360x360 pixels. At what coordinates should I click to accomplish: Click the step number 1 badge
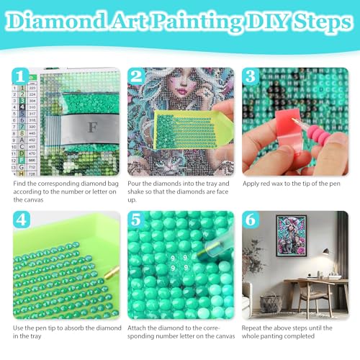pos(20,76)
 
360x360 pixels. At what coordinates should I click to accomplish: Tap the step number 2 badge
pos(136,76)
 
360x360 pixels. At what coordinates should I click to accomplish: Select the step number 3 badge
pos(251,76)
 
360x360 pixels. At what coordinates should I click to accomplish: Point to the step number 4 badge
pos(22,220)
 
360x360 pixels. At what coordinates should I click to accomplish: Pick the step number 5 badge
pos(136,220)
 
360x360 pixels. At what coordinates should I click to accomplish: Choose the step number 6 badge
pos(251,220)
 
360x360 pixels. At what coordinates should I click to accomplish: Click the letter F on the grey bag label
pos(92,127)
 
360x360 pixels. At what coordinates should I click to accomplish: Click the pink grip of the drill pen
pos(319,135)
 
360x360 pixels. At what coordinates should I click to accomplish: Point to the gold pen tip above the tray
pos(112,273)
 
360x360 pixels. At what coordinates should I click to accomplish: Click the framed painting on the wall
pos(291,235)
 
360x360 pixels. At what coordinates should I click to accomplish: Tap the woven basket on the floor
pos(271,303)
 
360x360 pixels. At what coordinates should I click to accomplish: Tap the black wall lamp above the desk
pos(325,251)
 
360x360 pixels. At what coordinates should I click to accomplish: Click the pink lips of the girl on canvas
pos(183,91)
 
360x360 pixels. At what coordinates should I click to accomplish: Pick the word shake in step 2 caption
pos(136,192)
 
